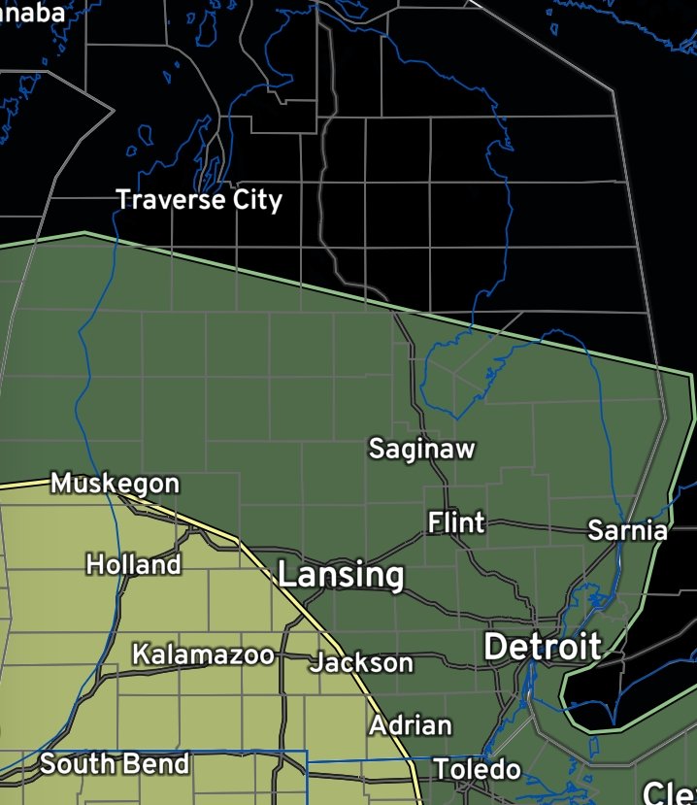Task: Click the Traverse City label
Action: pyautogui.click(x=199, y=200)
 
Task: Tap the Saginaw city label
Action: pyautogui.click(x=422, y=449)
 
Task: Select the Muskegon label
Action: pyautogui.click(x=115, y=483)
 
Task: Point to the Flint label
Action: pyautogui.click(x=456, y=523)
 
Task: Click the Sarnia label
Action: pyautogui.click(x=628, y=530)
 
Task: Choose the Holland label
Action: pyautogui.click(x=133, y=564)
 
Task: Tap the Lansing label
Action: pyautogui.click(x=341, y=575)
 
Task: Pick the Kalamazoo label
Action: pyautogui.click(x=203, y=654)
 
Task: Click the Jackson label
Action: pyautogui.click(x=361, y=663)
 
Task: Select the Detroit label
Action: pyautogui.click(x=543, y=647)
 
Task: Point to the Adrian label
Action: pyautogui.click(x=410, y=725)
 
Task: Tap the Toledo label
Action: pyautogui.click(x=477, y=770)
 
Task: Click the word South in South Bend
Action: pyautogui.click(x=77, y=764)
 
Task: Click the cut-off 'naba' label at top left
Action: pyautogui.click(x=32, y=13)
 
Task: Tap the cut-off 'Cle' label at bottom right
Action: pyautogui.click(x=670, y=792)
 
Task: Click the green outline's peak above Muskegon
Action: pyautogui.click(x=84, y=233)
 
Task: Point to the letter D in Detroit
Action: pyautogui.click(x=496, y=647)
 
